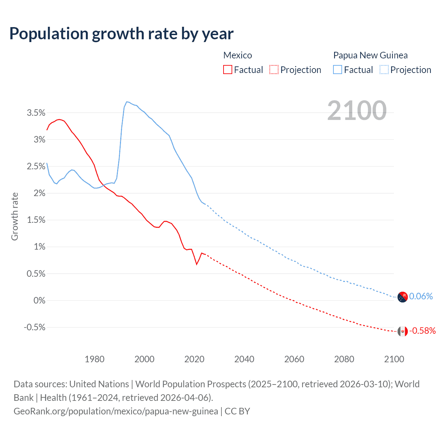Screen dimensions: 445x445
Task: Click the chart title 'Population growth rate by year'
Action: (121, 34)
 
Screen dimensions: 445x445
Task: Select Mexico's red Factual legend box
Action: (227, 70)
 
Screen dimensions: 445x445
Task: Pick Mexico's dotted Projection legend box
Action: (274, 70)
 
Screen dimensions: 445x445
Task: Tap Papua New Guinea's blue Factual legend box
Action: (337, 70)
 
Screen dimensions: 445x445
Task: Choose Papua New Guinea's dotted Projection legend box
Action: (384, 70)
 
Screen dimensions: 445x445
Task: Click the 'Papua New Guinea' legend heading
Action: (370, 55)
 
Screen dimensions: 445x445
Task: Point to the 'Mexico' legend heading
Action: (237, 55)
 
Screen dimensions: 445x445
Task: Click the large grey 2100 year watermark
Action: (357, 110)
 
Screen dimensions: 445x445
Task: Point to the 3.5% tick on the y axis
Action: (36, 113)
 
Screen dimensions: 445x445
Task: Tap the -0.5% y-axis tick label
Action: (34, 327)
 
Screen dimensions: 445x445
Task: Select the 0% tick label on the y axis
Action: (39, 300)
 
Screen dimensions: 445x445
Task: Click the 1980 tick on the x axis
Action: (95, 359)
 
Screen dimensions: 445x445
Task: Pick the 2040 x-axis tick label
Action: (244, 359)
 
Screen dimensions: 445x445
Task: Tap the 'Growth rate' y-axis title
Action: (15, 216)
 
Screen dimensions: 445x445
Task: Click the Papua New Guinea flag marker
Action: (403, 297)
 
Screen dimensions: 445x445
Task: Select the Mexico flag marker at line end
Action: (403, 331)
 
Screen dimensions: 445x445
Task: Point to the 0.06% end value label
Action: (421, 296)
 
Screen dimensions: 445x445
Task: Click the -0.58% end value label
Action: (422, 331)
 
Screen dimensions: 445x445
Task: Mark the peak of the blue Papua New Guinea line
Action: (127, 102)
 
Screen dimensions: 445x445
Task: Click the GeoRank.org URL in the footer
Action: (116, 411)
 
